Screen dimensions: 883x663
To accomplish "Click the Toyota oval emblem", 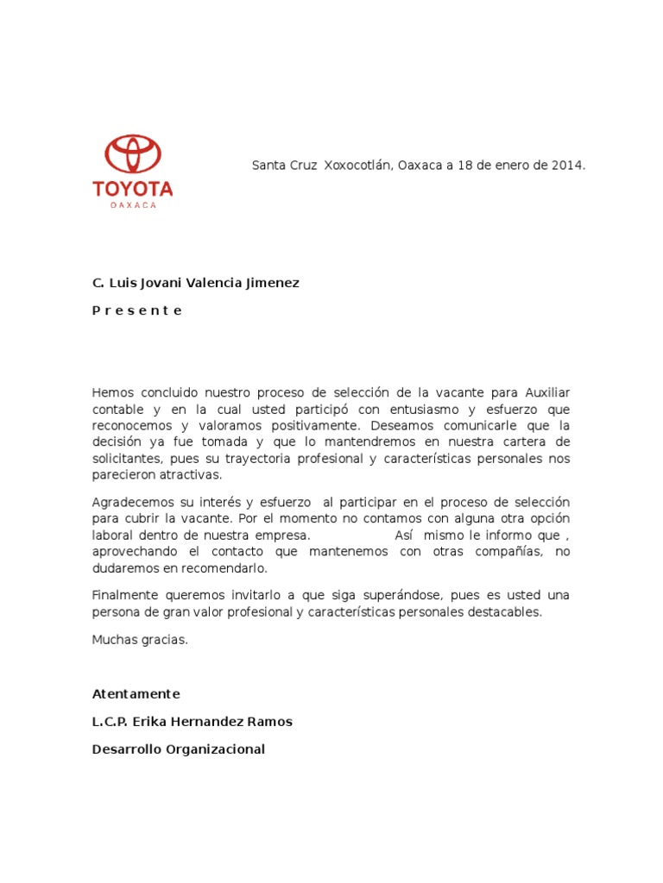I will tap(133, 155).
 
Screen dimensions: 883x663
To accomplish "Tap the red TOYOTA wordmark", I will tap(133, 189).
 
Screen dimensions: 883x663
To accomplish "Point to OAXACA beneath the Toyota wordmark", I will tap(133, 205).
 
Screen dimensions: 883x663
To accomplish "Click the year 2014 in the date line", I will tap(568, 165).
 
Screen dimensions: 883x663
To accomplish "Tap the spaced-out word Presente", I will tap(137, 310).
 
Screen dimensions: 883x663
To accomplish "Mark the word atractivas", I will tap(189, 474).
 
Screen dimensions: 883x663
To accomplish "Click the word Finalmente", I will tap(123, 596).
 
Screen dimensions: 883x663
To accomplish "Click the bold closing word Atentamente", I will tap(136, 693).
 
